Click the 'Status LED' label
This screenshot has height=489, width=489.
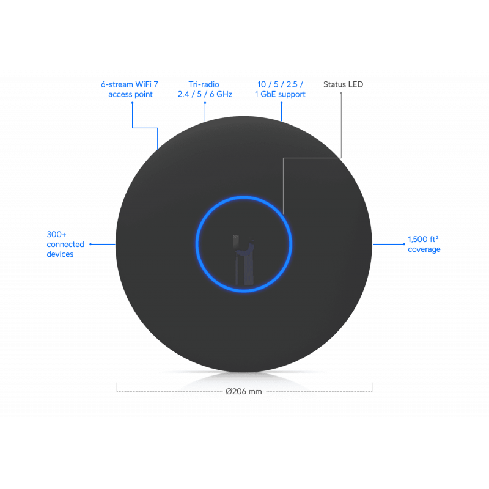click(343, 84)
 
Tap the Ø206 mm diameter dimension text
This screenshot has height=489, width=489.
click(243, 391)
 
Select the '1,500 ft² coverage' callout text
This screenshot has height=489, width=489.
click(424, 244)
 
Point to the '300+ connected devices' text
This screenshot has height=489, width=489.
click(65, 244)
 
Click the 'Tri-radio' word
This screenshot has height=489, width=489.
click(204, 84)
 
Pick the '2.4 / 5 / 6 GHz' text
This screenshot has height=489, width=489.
click(205, 94)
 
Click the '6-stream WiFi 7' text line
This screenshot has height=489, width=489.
click(130, 84)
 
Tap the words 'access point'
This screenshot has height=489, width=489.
click(130, 95)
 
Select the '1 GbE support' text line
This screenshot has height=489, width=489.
click(280, 95)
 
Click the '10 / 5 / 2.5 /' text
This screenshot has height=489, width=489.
click(280, 84)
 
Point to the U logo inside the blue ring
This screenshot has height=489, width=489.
click(244, 260)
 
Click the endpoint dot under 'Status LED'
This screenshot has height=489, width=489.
click(341, 93)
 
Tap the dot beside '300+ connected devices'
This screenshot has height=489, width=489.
click(90, 244)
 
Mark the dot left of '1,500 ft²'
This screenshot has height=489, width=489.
click(404, 244)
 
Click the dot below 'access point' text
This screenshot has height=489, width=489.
click(132, 103)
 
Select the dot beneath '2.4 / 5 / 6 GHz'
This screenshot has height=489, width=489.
click(205, 103)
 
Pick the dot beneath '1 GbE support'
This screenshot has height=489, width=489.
click(281, 103)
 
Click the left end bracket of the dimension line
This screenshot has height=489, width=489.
click(117, 388)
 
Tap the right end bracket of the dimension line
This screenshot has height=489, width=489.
click(372, 388)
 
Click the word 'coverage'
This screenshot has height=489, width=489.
click(424, 249)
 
